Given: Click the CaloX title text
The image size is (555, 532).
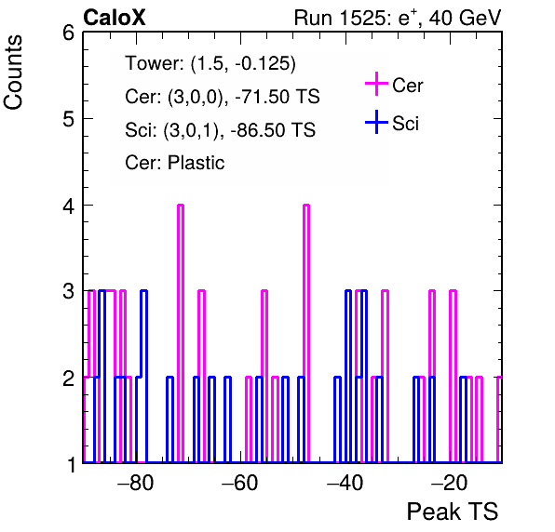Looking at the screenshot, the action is [x=115, y=18].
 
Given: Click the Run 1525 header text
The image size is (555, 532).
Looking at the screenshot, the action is [x=398, y=18].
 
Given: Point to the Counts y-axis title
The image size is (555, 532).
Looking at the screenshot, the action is [x=13, y=73].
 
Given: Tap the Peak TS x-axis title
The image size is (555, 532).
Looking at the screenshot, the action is [x=453, y=512].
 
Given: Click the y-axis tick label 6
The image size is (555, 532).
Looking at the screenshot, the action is [x=68, y=33].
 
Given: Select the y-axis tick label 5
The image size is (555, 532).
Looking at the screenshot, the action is [x=68, y=119].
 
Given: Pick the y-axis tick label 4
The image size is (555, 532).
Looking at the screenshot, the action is [x=68, y=206].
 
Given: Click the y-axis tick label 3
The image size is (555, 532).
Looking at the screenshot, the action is [x=68, y=291].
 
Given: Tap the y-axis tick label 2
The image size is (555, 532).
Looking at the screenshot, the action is [x=68, y=379].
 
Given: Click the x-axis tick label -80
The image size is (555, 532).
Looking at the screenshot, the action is [x=136, y=483].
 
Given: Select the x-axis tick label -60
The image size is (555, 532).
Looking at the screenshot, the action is [x=240, y=483].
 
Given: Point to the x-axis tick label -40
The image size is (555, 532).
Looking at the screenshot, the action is [x=345, y=483].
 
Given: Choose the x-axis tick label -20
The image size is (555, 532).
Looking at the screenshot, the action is [x=449, y=483].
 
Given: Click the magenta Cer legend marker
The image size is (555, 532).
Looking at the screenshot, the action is [x=376, y=84].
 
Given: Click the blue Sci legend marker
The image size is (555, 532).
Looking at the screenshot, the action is [x=376, y=122].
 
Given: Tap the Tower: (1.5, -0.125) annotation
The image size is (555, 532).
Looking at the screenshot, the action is [x=210, y=63].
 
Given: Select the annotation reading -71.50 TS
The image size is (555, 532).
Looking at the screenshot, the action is [x=277, y=97].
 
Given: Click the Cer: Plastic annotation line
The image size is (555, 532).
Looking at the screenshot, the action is [x=175, y=163].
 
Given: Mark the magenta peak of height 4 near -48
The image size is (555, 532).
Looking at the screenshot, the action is [x=306, y=206].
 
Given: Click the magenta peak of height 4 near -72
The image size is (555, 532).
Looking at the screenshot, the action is [x=181, y=206].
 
